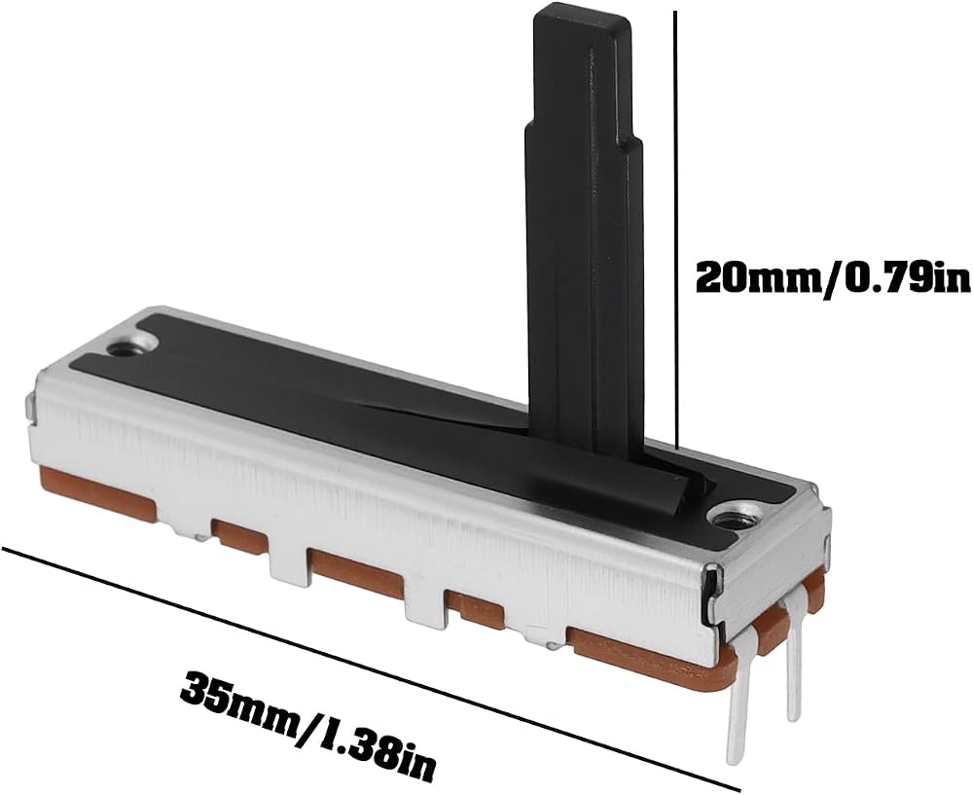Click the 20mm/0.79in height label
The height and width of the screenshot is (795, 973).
click(x=833, y=278)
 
